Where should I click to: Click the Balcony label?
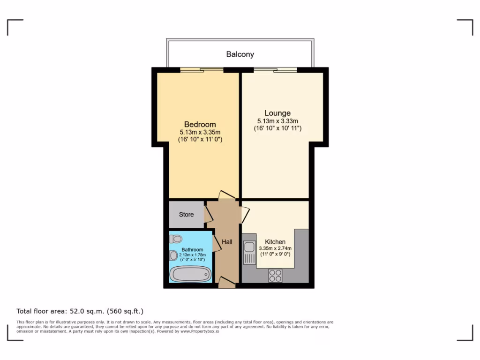pos(240,54)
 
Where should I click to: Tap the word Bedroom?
pos(200,124)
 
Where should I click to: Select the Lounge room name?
pos(277,113)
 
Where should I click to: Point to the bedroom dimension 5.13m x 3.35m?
pos(200,132)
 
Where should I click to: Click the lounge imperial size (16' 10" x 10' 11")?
pos(277,128)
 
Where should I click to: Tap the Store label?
pos(186,215)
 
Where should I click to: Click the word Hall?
pos(227,242)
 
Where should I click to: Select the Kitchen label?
pos(275,242)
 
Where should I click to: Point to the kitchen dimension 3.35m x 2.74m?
pos(275,248)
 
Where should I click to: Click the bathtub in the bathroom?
pos(190,274)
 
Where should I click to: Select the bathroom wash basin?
pos(173,255)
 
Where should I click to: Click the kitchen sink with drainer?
pos(248,253)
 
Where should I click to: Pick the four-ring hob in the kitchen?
pos(275,276)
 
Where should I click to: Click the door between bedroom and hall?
pos(227,195)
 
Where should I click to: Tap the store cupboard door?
pos(208,214)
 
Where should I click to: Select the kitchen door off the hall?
pos(245,214)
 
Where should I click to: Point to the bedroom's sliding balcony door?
pos(202,70)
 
